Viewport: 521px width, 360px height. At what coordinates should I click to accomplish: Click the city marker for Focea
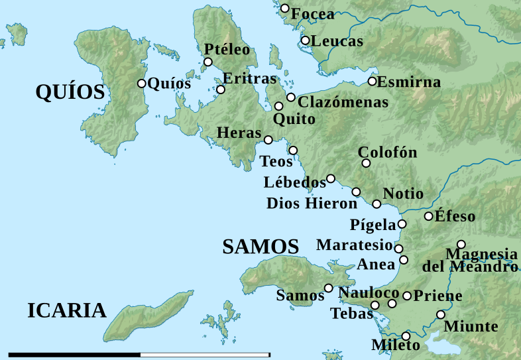(x=285, y=9)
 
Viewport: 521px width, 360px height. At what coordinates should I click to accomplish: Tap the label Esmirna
(x=410, y=83)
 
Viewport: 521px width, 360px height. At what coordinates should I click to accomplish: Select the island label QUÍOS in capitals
(x=71, y=93)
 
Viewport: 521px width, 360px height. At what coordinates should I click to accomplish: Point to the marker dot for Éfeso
(x=429, y=216)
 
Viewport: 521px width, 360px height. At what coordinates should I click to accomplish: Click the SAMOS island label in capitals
(x=260, y=247)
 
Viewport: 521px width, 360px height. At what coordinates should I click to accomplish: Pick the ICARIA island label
(x=67, y=310)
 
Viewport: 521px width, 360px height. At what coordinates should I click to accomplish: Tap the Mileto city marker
(x=406, y=336)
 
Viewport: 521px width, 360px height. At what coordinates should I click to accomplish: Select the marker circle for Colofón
(x=365, y=163)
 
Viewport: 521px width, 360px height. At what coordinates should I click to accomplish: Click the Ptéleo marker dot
(x=207, y=62)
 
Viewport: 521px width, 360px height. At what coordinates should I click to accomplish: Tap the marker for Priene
(x=407, y=296)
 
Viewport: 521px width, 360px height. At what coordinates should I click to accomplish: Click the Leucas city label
(x=337, y=41)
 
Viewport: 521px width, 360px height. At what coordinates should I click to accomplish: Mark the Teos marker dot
(x=293, y=150)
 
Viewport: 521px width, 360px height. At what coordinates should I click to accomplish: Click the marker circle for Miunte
(x=441, y=315)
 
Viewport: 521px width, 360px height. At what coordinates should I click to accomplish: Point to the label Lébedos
(x=294, y=182)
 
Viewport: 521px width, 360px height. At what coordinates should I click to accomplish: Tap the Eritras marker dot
(x=221, y=90)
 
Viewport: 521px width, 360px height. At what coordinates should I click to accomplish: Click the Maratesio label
(x=355, y=245)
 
